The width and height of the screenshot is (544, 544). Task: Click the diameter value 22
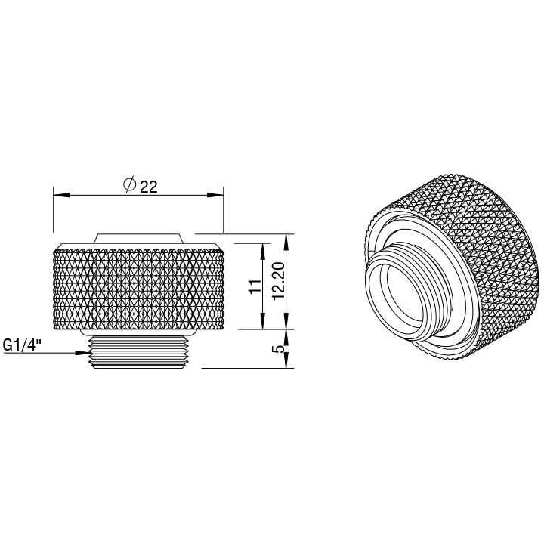click(x=148, y=187)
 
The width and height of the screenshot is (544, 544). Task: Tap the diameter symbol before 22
click(x=129, y=185)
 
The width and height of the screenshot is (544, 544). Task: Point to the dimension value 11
click(x=255, y=286)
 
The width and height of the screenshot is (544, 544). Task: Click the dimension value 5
click(x=277, y=349)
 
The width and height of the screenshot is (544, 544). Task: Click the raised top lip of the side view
click(x=138, y=238)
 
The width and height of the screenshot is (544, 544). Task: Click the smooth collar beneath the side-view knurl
click(x=138, y=333)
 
